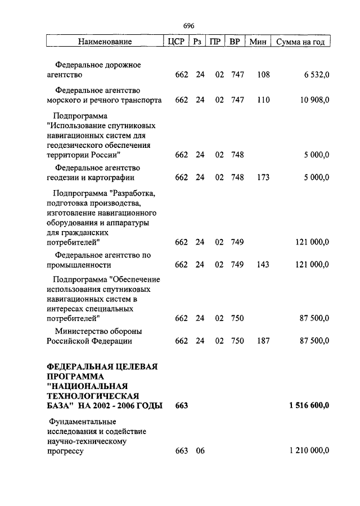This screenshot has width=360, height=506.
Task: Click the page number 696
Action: pyautogui.click(x=188, y=26)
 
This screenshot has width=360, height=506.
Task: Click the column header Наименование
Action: pyautogui.click(x=105, y=42)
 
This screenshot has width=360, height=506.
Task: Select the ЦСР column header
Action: pyautogui.click(x=175, y=42)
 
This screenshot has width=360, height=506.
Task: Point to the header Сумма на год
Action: pyautogui.click(x=300, y=42)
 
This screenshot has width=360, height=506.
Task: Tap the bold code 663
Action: pyautogui.click(x=181, y=405)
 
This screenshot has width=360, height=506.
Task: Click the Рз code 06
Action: pyautogui.click(x=200, y=451)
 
